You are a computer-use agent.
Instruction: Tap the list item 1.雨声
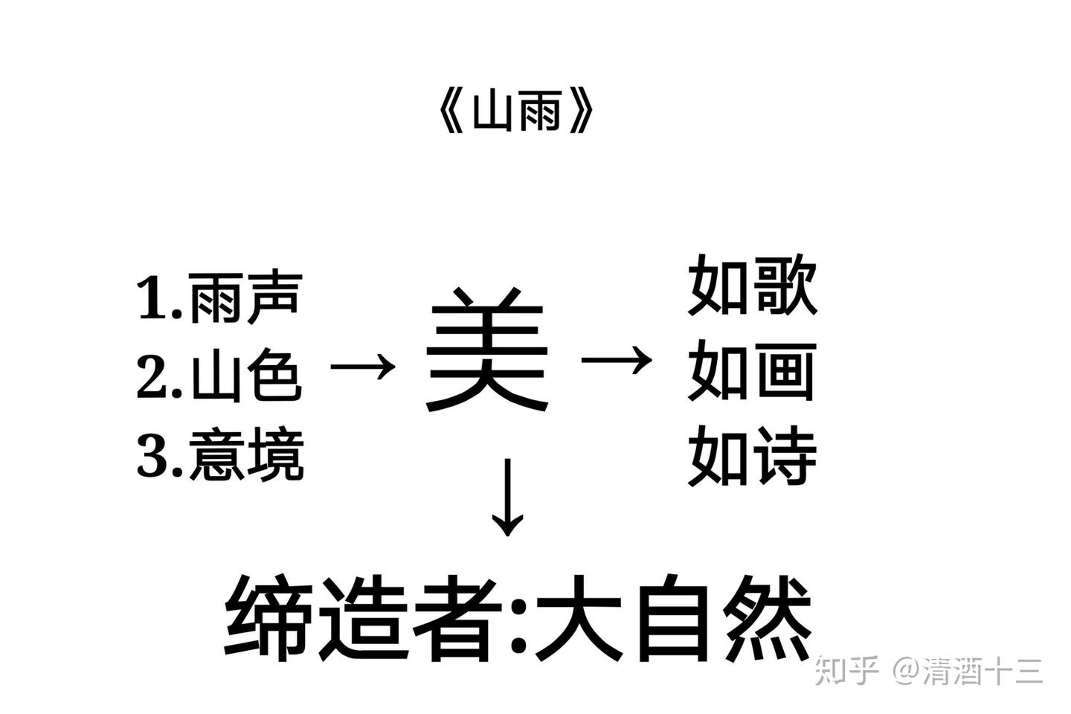click(219, 298)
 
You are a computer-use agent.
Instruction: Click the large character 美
click(487, 350)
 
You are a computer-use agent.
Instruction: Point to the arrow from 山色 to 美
click(362, 366)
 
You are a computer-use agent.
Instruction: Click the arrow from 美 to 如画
click(617, 361)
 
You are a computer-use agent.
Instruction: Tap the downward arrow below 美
click(508, 497)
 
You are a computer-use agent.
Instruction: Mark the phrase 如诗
click(753, 455)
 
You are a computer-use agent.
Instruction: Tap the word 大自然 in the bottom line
click(673, 617)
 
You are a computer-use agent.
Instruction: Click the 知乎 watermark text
click(847, 670)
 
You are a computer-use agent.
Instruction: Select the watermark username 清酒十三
click(982, 670)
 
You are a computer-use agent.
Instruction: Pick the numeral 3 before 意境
click(153, 455)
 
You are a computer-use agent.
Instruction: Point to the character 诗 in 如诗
click(785, 455)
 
